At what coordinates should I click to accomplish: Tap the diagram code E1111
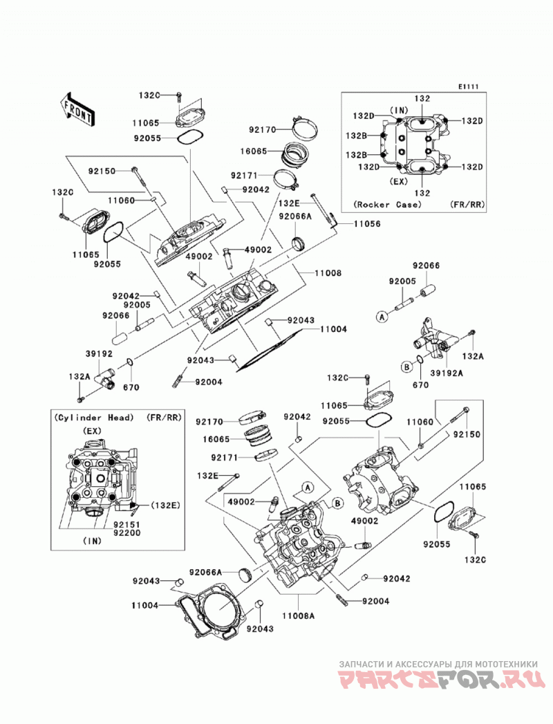coord(469,86)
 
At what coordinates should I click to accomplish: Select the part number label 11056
coord(368,224)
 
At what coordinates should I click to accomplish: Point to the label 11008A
coord(298,616)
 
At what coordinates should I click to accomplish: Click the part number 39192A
coord(447,373)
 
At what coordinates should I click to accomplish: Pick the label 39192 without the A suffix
coord(99,353)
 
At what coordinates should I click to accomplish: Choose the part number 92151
coord(128,525)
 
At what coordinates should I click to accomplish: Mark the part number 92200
coord(128,533)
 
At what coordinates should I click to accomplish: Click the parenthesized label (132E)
coord(165,505)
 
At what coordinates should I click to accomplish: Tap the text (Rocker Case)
coord(388,204)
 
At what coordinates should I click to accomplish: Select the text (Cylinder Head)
coord(94,418)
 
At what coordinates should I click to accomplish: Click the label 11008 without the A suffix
coord(328,273)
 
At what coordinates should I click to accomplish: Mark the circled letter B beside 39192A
coord(406,367)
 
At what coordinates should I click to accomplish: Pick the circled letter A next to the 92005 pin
coord(381,317)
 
